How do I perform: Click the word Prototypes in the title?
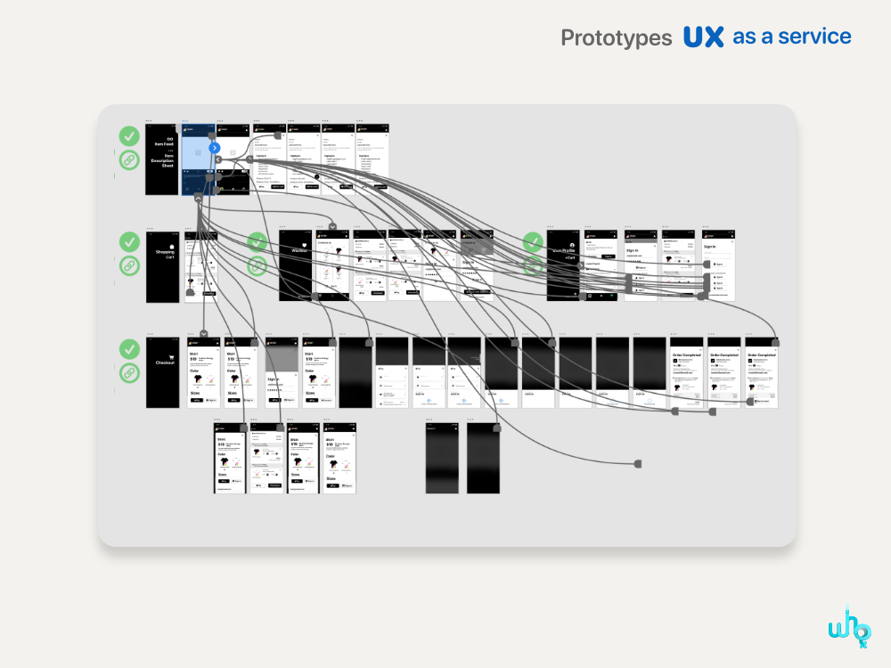coord(616,38)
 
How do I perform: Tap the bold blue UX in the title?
coord(703,37)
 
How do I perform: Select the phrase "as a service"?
coord(791,37)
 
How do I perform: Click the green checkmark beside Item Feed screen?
coord(130,136)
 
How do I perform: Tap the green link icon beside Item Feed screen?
coord(130,160)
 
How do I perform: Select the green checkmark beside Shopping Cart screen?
coord(130,241)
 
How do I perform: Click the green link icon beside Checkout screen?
coord(130,372)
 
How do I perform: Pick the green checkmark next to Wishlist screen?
coord(257,241)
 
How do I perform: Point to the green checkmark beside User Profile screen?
coord(533,241)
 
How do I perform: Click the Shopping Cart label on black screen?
coord(165,254)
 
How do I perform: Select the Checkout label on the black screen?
coord(165,363)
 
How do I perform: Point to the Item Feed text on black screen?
coord(164,143)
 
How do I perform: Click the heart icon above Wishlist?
coord(304,243)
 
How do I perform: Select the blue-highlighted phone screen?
coord(197,159)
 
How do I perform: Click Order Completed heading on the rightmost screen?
coord(762,354)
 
